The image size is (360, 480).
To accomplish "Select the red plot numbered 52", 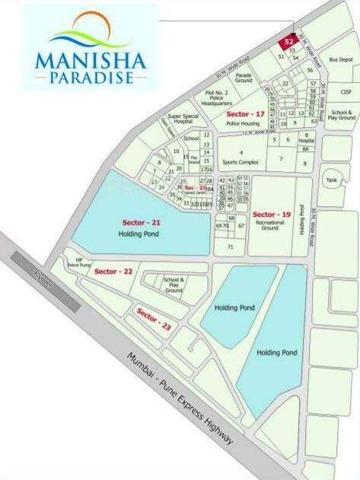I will coord(288,42).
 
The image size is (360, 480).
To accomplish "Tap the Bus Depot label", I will coord(340,59).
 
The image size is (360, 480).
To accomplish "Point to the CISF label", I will coord(346,92).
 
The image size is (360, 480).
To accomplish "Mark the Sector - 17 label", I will coord(245,114).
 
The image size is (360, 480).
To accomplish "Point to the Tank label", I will coord(330,180).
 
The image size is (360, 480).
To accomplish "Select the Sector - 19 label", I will coord(272,215).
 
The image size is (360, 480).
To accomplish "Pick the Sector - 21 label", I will coord(142,222).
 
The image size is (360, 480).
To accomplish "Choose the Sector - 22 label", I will coord(113,272).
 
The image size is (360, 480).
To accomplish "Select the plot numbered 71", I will coord(230,247).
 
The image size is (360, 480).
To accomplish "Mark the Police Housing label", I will coord(244,122).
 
